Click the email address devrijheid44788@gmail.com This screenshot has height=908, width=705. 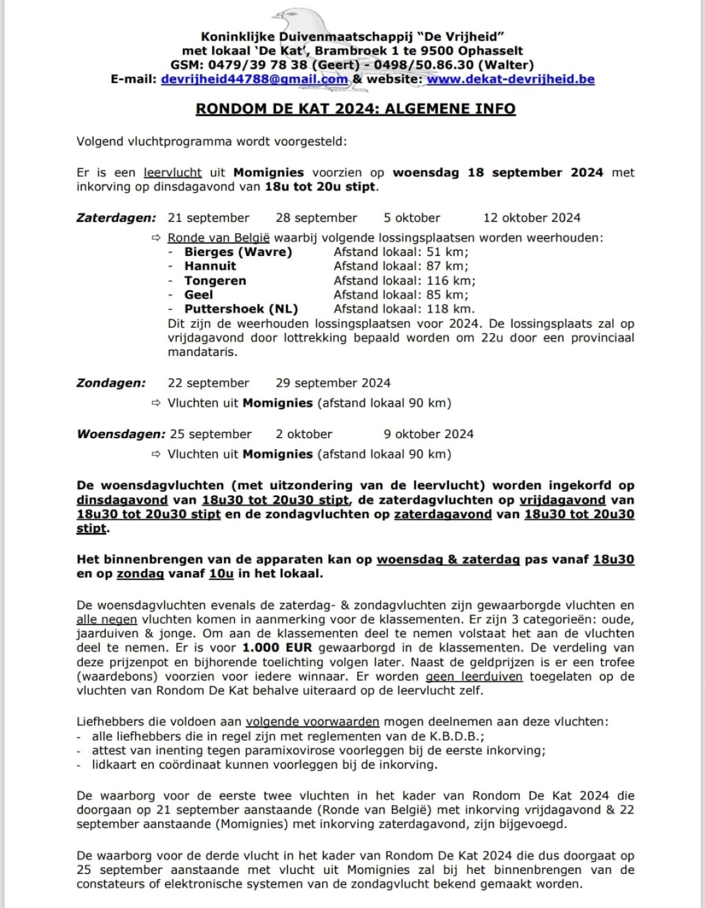click(x=254, y=79)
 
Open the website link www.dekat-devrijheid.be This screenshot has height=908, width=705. click(x=510, y=79)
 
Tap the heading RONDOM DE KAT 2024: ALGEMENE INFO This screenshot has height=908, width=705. click(x=355, y=109)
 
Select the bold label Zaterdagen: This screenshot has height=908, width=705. click(x=116, y=218)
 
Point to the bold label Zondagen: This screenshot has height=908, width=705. click(x=111, y=383)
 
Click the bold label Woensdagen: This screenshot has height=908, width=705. click(x=121, y=434)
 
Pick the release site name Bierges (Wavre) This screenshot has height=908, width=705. click(x=238, y=252)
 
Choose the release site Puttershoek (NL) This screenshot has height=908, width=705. click(x=241, y=309)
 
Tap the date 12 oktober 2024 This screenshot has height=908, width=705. click(x=532, y=218)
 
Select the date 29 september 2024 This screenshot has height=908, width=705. click(x=333, y=383)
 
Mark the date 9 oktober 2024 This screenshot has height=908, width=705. click(x=428, y=434)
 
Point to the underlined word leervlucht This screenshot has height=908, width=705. click(x=173, y=173)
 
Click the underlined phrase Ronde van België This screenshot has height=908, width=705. click(x=219, y=238)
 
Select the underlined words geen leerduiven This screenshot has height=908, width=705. click(x=474, y=677)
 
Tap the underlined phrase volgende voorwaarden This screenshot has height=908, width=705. click(x=313, y=722)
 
